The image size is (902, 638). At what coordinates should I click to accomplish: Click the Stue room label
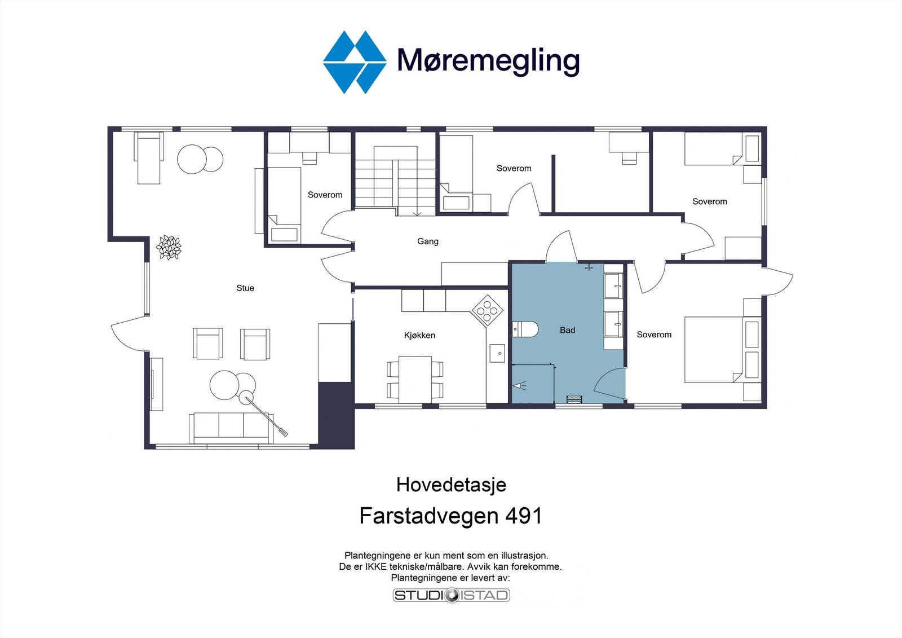tap(245, 288)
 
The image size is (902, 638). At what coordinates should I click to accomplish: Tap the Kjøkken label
tap(419, 335)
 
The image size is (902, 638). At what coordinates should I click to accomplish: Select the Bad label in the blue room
tap(567, 331)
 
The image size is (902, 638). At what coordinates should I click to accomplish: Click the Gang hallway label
tap(427, 241)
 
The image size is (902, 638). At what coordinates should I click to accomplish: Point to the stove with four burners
tap(488, 310)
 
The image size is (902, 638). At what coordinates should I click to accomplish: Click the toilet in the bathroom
tap(525, 329)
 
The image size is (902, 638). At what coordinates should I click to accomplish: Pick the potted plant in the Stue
tap(169, 247)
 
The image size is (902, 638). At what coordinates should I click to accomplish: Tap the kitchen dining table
tap(415, 378)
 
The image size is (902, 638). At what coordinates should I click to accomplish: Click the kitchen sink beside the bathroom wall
tap(497, 354)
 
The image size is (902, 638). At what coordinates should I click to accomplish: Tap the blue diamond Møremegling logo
tap(355, 62)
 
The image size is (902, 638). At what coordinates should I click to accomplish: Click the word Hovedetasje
tap(451, 485)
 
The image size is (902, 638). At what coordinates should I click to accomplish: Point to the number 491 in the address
tap(523, 516)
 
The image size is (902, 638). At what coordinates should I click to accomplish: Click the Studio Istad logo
tap(451, 595)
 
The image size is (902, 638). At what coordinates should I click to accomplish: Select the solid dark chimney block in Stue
tap(336, 415)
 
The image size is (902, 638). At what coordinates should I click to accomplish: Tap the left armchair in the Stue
tap(207, 344)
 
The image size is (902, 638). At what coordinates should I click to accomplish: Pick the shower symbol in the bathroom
tap(519, 386)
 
